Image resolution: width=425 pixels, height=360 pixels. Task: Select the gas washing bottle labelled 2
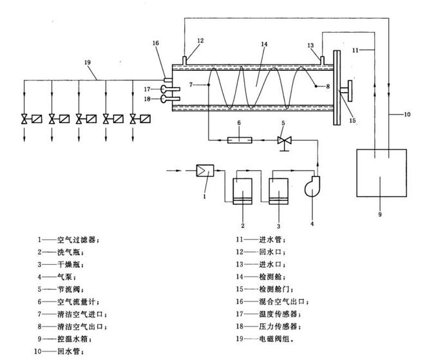pyautogui.click(x=243, y=190)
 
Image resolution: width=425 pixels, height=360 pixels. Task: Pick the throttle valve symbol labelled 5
pyautogui.click(x=281, y=140)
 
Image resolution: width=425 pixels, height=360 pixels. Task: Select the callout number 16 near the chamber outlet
pyautogui.click(x=155, y=43)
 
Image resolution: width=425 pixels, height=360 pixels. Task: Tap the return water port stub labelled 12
pyautogui.click(x=185, y=61)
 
